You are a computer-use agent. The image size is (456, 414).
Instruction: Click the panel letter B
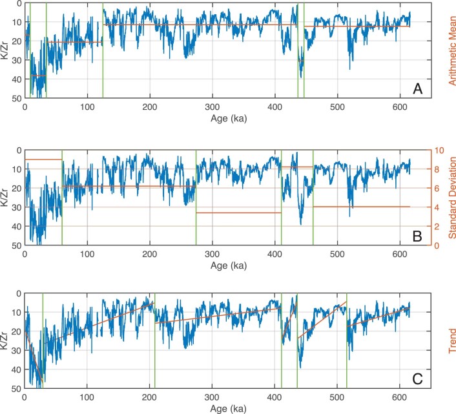click(417, 236)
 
